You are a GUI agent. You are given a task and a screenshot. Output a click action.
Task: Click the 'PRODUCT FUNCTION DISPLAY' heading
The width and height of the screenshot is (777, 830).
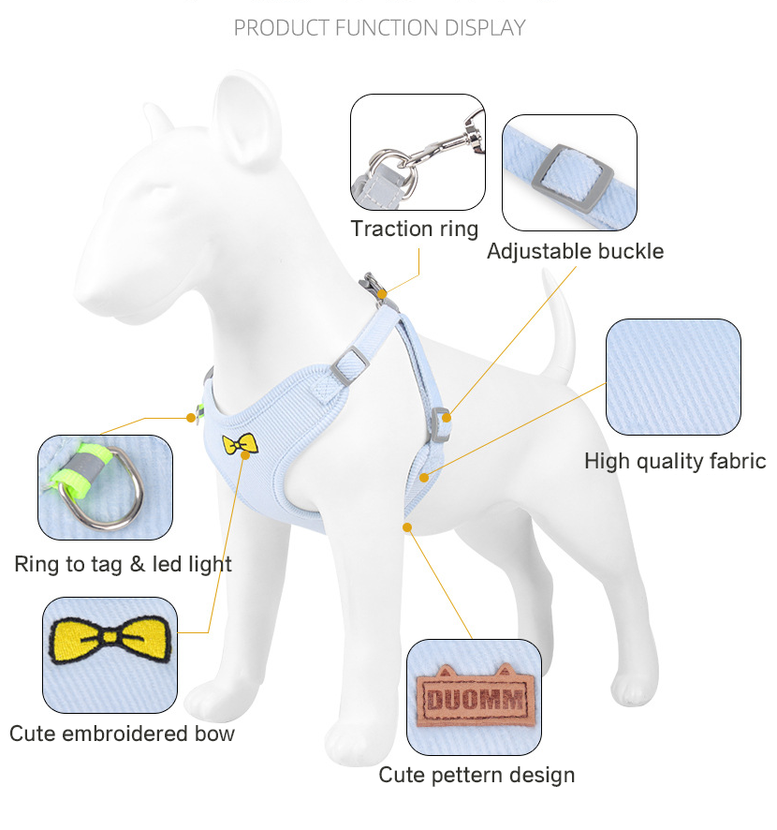379,28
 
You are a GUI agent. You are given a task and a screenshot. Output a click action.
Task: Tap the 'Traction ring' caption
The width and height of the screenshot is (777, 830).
414,229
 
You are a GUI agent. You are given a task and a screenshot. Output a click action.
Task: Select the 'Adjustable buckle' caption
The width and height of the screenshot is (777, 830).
575,251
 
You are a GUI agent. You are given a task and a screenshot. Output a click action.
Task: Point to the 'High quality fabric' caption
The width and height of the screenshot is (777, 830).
675,461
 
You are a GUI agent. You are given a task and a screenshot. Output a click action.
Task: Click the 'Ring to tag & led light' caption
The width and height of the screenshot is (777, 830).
123,564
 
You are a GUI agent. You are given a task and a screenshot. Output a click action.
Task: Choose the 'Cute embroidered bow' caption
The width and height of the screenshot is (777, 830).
122,733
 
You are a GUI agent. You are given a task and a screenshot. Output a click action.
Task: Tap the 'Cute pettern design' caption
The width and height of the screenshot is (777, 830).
476,775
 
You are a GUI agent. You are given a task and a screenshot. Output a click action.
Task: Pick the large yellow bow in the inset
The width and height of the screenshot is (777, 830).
110,639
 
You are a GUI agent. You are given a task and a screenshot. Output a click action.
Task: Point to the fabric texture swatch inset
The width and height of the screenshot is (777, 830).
673,377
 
